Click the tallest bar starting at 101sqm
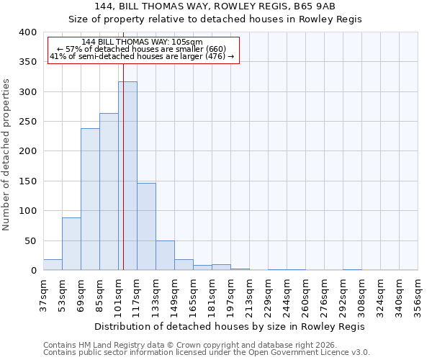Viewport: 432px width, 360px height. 127,176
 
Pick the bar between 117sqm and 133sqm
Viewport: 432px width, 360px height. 146,227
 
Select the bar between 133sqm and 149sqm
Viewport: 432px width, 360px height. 165,256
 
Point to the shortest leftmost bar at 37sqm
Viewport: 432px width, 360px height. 53,265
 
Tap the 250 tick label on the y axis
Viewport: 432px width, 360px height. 27,122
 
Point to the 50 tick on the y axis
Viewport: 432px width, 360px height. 30,240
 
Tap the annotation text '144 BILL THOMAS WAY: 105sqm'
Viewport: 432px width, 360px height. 142,42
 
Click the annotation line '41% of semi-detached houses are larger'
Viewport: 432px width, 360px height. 142,56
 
